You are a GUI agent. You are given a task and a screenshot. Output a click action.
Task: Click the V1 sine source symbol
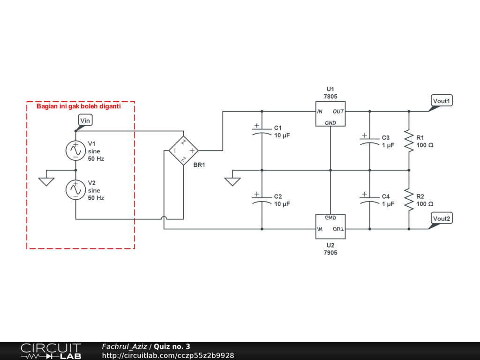[75, 150]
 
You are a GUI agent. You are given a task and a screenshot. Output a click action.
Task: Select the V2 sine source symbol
[75, 190]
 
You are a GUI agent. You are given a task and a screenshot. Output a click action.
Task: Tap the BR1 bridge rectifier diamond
[183, 150]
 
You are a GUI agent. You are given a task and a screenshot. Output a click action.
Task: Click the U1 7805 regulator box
[330, 114]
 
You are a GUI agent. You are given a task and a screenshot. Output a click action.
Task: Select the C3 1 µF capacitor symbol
[369, 141]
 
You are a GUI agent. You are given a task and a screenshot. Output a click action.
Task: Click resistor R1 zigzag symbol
[409, 141]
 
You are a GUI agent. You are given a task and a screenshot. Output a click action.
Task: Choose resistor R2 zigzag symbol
[409, 200]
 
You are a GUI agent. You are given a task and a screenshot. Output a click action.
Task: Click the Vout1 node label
[442, 101]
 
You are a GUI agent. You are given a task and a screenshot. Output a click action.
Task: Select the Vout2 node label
[442, 219]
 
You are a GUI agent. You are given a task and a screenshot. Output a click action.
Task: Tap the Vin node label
[85, 120]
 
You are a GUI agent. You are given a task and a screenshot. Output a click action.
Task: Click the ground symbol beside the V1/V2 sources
[46, 181]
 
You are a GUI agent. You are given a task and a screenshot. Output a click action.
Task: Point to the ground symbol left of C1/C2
[232, 181]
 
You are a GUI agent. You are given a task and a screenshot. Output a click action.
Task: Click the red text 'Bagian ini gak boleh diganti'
[79, 106]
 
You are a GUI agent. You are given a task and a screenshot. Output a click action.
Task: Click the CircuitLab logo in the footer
[51, 351]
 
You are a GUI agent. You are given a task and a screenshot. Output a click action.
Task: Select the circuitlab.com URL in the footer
[168, 356]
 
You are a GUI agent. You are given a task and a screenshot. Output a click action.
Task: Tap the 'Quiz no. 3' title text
[172, 346]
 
